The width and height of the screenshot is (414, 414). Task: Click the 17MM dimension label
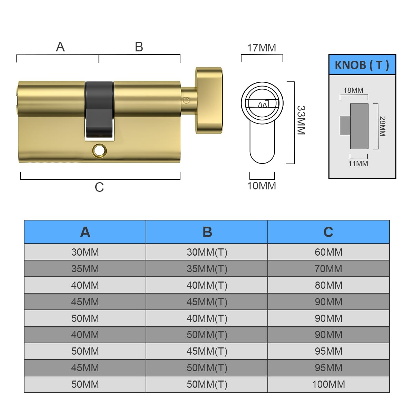(x=262, y=48)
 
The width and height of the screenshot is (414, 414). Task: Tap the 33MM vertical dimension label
(x=301, y=120)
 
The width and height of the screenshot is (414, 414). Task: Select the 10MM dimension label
(x=262, y=186)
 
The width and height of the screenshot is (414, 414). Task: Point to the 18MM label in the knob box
(x=353, y=90)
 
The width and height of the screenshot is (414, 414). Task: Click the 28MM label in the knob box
(x=382, y=126)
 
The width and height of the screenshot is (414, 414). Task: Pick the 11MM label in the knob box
(x=358, y=164)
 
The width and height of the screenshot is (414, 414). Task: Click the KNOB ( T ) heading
(x=362, y=65)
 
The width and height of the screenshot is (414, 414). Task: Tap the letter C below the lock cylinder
(x=99, y=187)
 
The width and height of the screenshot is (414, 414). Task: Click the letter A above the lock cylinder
(x=60, y=47)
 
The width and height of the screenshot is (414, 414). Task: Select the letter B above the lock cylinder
(x=139, y=47)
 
